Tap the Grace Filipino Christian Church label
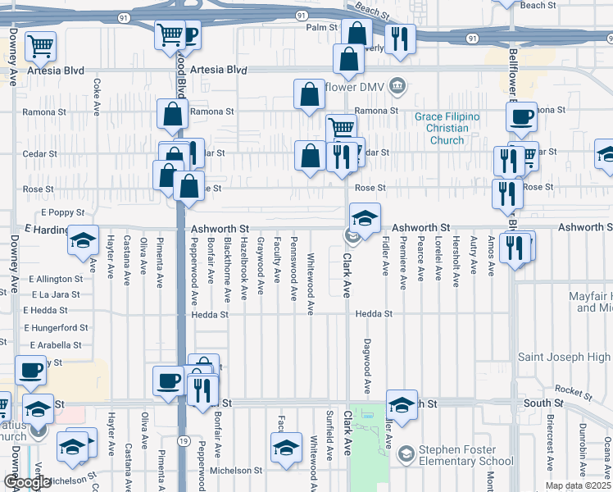447,129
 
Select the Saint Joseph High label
565,357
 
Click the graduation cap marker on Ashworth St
365,218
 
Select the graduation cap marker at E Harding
83,240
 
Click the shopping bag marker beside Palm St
357,34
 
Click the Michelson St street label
236,471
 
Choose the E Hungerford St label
56,327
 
